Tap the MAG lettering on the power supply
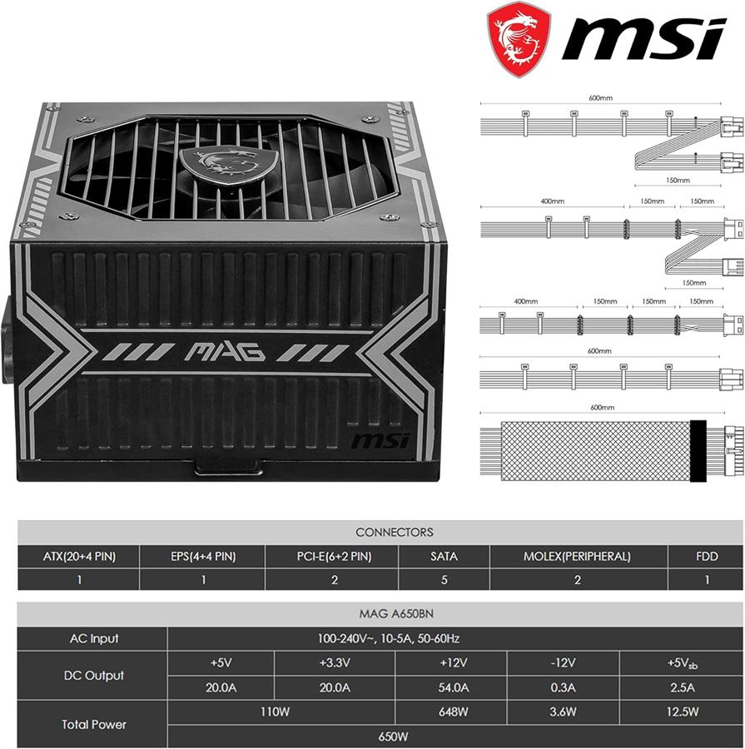(x=225, y=351)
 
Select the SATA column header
(x=444, y=557)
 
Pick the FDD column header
(x=707, y=557)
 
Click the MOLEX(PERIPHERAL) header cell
(x=577, y=557)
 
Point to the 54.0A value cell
(x=452, y=687)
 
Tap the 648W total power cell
(x=452, y=712)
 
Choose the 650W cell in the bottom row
(x=394, y=737)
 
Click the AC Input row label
(x=93, y=638)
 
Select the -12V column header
(x=563, y=663)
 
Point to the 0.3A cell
(x=563, y=687)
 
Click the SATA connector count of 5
(x=444, y=580)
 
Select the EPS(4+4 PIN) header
(x=202, y=557)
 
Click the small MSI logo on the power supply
(x=380, y=439)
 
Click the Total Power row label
(x=93, y=724)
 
